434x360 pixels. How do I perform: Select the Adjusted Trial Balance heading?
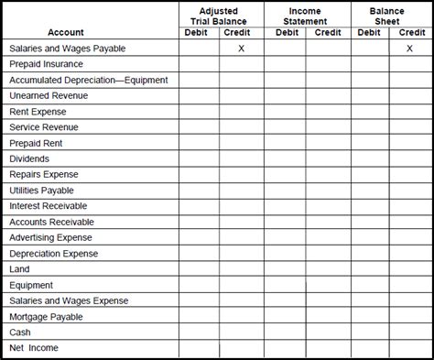tap(219, 16)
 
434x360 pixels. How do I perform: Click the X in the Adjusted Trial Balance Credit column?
tap(241, 49)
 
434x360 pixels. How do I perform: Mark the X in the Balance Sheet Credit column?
tap(409, 49)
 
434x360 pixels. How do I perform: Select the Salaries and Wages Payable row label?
tap(67, 49)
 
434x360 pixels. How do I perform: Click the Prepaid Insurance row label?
tap(46, 64)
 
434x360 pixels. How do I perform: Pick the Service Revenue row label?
tap(44, 127)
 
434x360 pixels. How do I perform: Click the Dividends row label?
tap(28, 158)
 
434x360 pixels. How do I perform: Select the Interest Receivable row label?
tap(48, 206)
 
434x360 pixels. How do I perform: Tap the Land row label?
tap(19, 269)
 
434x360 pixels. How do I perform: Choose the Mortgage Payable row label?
tap(46, 317)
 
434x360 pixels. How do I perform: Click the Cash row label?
tap(20, 333)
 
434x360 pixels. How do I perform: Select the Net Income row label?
tap(34, 348)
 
